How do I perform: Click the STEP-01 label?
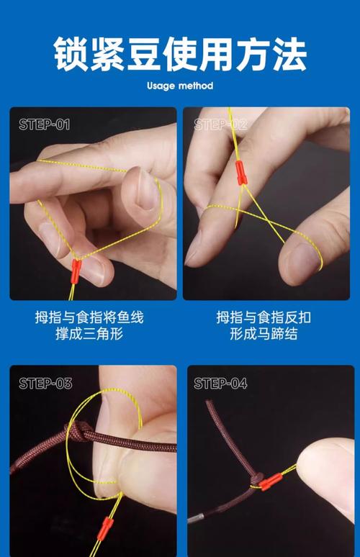[44, 124]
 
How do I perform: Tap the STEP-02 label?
[220, 124]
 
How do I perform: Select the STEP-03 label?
[45, 384]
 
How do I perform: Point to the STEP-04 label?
[220, 384]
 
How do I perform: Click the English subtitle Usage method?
[180, 86]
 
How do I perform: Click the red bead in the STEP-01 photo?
[75, 271]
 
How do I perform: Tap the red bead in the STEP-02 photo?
[240, 171]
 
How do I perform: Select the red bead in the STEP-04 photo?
[270, 481]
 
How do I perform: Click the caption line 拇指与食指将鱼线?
[89, 317]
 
